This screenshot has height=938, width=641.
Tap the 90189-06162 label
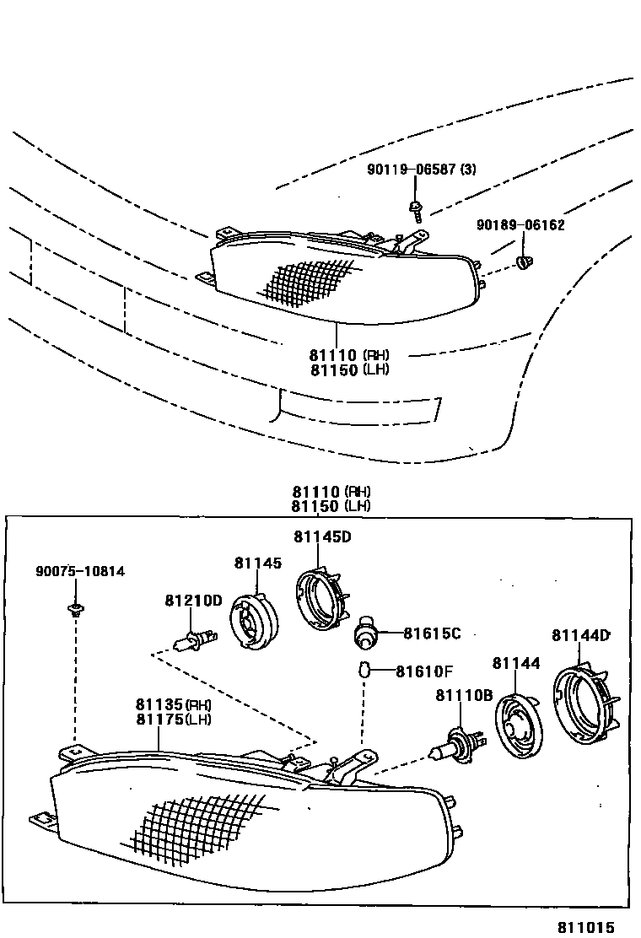(520, 225)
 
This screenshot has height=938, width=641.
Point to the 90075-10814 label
(80, 571)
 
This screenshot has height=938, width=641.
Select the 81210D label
(193, 601)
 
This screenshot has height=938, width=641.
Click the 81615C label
(432, 633)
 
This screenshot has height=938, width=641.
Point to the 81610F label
(424, 671)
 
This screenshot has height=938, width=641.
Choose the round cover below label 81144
(516, 727)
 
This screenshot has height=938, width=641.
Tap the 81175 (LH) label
(173, 720)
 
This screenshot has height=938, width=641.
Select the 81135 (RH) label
(173, 705)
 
